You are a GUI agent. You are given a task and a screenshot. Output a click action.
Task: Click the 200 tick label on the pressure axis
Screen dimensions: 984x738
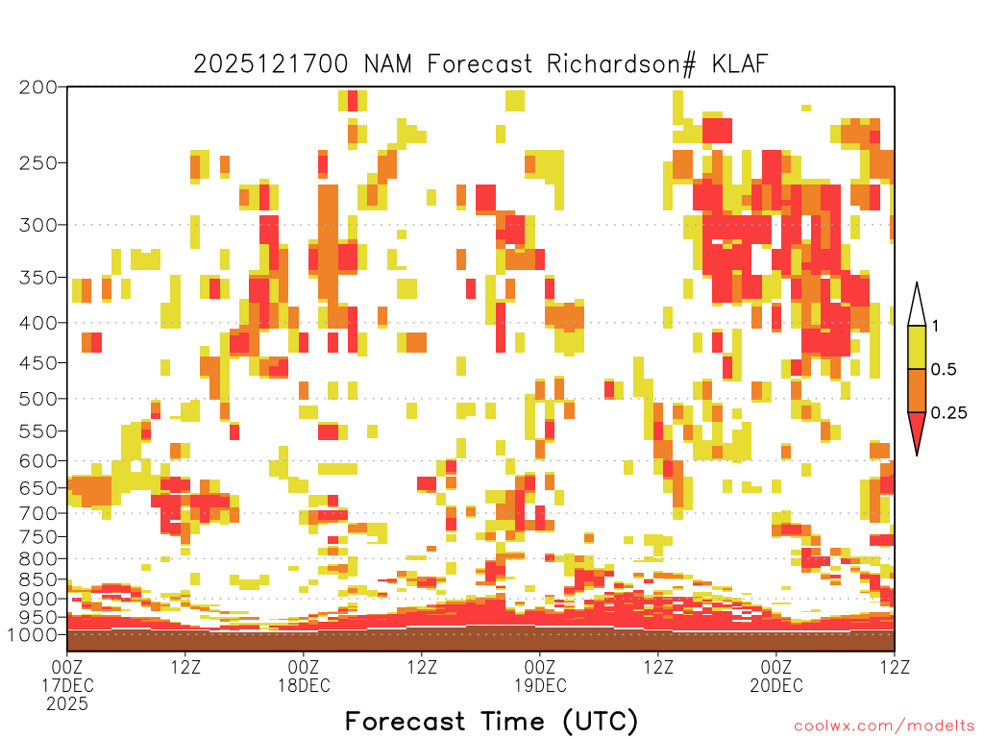38,87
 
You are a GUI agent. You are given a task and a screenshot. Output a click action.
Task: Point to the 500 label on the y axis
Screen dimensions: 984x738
38,399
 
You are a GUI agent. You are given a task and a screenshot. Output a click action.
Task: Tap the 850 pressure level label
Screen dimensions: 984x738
38,579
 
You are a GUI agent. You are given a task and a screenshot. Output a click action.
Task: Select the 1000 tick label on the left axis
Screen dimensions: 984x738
33,635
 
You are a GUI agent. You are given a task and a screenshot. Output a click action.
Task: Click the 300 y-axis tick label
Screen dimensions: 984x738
38,225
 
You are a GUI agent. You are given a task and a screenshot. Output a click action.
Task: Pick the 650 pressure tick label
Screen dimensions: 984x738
38,487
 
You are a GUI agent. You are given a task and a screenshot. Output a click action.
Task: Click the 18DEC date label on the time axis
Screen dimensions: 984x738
304,685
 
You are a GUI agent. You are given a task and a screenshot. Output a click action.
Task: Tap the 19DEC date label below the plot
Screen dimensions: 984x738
540,685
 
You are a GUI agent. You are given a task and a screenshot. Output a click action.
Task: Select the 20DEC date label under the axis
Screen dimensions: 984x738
776,685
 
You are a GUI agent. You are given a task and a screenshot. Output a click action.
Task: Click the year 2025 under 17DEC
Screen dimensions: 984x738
67,704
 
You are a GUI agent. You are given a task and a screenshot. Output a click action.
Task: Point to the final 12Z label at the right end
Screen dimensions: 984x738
895,667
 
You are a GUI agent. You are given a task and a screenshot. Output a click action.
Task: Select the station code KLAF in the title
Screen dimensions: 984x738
741,64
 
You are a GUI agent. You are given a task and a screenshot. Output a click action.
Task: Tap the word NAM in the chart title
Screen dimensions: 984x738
388,64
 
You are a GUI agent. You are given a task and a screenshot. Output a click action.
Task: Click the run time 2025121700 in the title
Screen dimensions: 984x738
270,64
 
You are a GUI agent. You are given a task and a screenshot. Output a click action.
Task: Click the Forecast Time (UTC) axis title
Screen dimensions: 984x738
491,722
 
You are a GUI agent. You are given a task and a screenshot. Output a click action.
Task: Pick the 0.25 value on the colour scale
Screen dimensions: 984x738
948,412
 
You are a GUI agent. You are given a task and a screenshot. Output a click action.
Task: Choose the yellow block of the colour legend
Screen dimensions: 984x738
917,347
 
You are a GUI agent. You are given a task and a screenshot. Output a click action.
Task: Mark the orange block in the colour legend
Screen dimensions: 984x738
917,390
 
